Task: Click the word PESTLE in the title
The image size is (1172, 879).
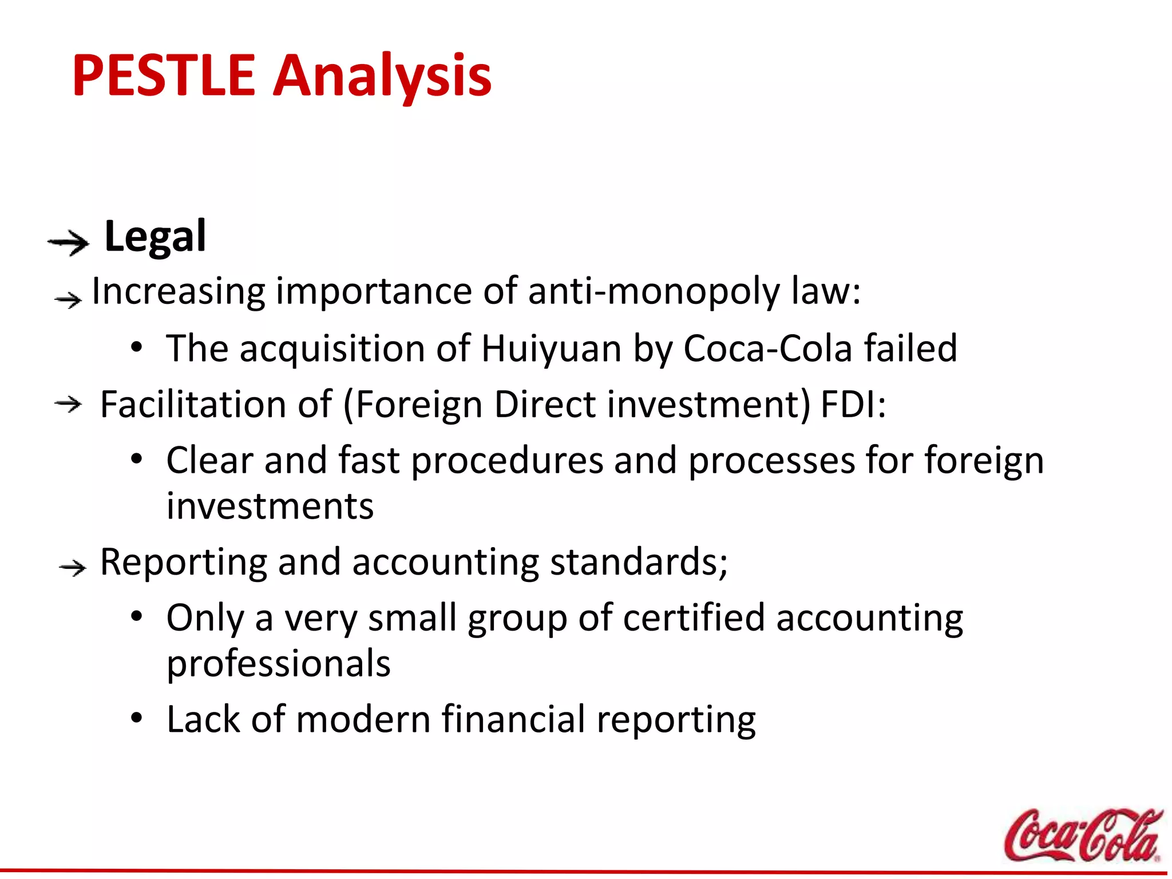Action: (x=164, y=76)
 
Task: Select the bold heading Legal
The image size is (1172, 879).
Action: (x=155, y=236)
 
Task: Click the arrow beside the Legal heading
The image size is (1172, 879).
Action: (x=68, y=243)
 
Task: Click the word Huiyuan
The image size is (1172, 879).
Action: (x=551, y=348)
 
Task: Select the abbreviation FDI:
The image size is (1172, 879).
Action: (x=853, y=404)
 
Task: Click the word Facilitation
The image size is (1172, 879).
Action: (x=193, y=404)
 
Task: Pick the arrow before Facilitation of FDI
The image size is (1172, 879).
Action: (x=68, y=405)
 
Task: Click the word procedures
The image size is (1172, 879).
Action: (x=507, y=461)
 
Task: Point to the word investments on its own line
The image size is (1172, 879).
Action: (x=270, y=506)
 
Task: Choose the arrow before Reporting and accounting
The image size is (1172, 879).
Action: (x=73, y=568)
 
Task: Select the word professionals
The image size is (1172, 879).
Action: (x=278, y=664)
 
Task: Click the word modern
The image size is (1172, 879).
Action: (x=363, y=719)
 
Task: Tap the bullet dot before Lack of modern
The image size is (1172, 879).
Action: (x=136, y=718)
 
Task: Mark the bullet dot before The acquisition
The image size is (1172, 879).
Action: (x=136, y=347)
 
